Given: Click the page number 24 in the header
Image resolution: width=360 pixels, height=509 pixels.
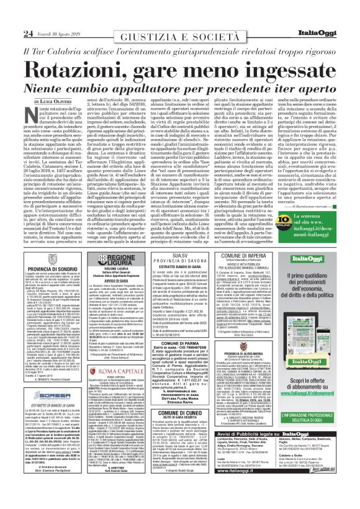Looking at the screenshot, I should coord(11,16).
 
